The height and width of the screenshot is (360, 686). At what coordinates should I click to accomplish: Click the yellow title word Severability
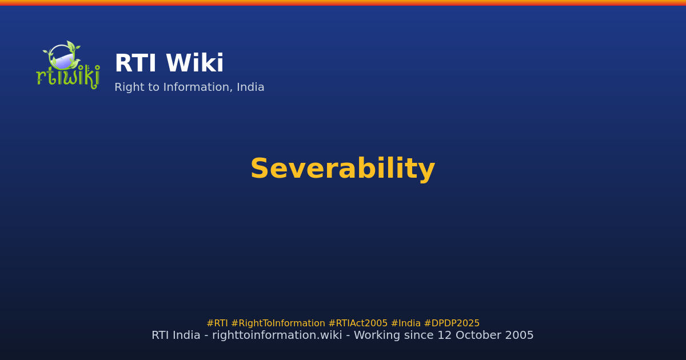click(342, 169)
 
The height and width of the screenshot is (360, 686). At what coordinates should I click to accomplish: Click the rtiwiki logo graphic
click(68, 65)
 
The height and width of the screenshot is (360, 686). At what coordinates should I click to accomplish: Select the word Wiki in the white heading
click(195, 63)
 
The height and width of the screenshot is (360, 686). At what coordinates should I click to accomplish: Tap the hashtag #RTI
click(217, 323)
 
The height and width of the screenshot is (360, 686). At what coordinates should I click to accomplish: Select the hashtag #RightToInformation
click(278, 323)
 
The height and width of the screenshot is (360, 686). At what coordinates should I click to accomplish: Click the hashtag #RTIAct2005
click(358, 323)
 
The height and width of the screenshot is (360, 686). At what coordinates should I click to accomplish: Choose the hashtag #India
click(406, 323)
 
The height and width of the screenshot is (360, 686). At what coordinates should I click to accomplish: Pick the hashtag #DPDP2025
click(452, 323)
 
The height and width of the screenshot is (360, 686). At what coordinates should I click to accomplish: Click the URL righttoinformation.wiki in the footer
click(277, 335)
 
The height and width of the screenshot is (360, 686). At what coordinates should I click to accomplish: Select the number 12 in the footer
click(445, 335)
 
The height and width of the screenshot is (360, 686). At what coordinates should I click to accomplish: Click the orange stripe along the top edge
click(343, 3)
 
